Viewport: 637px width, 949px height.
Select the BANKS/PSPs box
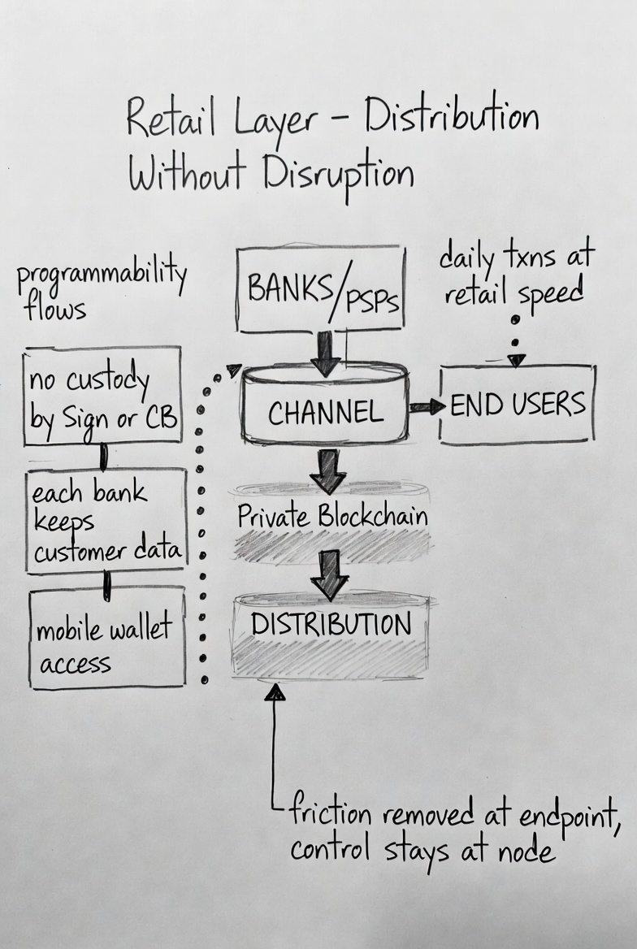[x=321, y=290]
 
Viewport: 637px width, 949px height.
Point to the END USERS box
[x=518, y=405]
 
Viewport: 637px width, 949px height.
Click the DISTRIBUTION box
[x=331, y=626]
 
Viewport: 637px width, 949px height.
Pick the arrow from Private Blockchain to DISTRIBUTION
[x=330, y=574]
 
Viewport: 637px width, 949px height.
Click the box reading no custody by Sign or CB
[x=102, y=396]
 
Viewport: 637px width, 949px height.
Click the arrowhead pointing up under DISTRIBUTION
[x=275, y=692]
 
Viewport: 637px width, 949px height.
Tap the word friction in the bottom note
[x=333, y=813]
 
